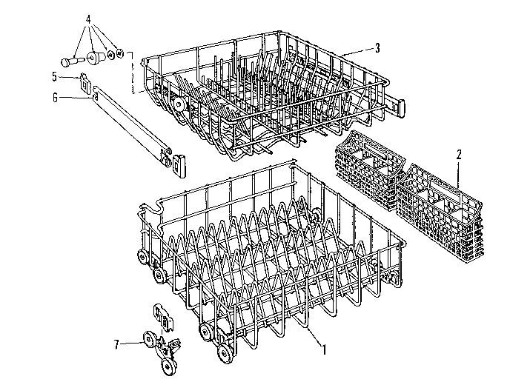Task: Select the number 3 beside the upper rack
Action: point(377,48)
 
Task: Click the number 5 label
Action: point(55,76)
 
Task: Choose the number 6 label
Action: point(55,95)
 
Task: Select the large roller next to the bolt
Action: point(94,56)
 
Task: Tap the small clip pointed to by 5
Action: point(83,77)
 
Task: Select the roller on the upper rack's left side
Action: point(180,106)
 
